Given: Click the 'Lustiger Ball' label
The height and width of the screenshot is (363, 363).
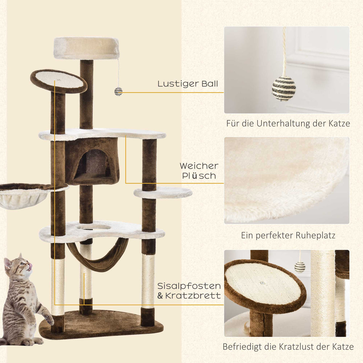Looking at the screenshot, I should click(x=188, y=84).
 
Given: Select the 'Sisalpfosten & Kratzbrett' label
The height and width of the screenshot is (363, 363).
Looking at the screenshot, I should click(x=189, y=291).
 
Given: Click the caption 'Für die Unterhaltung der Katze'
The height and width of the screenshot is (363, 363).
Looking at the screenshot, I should click(x=288, y=124).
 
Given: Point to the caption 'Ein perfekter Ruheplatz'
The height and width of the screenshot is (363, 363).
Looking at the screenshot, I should click(x=288, y=235).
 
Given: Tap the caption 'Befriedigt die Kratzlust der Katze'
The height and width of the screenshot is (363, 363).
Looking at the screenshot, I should click(x=288, y=347).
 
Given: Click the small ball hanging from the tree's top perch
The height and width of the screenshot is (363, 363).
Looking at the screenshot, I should click(x=118, y=91).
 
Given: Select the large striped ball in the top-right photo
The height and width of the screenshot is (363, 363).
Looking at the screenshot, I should click(x=284, y=89).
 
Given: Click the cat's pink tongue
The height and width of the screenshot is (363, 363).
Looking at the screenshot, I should click(x=30, y=267).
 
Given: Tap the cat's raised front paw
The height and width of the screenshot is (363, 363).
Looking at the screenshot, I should click(x=49, y=319).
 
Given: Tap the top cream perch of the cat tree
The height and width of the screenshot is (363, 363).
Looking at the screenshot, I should click(x=86, y=48).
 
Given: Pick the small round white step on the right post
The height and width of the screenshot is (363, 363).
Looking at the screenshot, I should click(x=163, y=193).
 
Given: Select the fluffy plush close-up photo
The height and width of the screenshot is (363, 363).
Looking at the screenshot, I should click(x=286, y=180).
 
